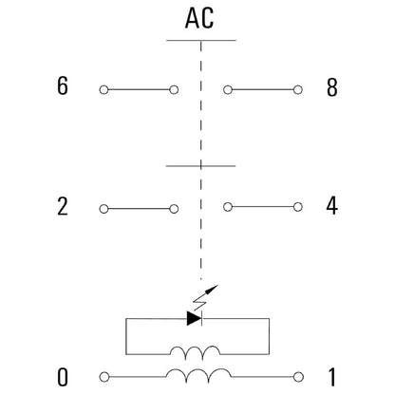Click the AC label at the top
[199, 18]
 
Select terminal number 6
[63, 85]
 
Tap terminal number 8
[332, 87]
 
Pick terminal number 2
[63, 206]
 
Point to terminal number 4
[332, 206]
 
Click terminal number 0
[63, 377]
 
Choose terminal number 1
[331, 377]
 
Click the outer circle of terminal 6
[103, 90]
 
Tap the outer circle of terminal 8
[298, 90]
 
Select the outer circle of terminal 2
[103, 209]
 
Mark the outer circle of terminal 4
[298, 207]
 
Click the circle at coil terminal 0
[104, 377]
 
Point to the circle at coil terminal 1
[298, 377]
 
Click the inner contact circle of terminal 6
[174, 90]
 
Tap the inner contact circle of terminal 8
[228, 90]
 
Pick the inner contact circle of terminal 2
[174, 209]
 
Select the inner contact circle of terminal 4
[228, 207]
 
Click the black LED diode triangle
[194, 319]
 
